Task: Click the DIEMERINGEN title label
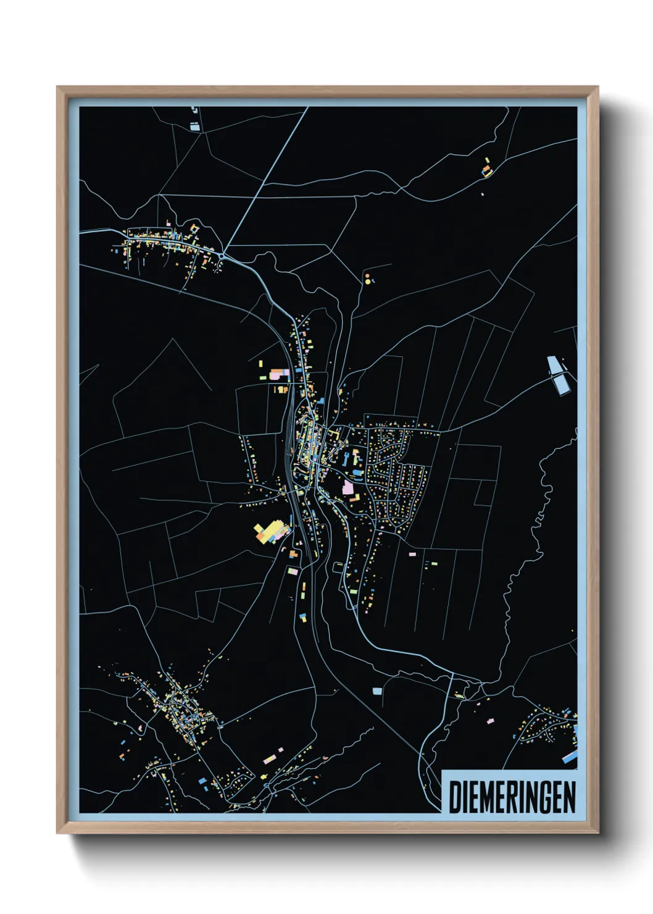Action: click(x=512, y=797)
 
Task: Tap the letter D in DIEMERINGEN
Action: click(x=454, y=797)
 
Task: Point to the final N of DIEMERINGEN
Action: click(x=569, y=797)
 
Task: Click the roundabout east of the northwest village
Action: click(x=222, y=255)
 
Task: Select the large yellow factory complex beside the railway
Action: click(x=270, y=532)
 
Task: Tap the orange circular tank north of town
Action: click(x=367, y=275)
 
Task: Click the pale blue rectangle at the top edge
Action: click(x=195, y=127)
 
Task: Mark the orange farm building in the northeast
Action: click(x=487, y=168)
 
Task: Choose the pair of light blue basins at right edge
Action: click(x=558, y=375)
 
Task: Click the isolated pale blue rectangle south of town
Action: click(x=377, y=690)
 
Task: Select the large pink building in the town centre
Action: click(x=348, y=488)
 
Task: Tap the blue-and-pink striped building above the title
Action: click(x=570, y=757)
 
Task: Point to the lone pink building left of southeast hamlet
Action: click(x=491, y=721)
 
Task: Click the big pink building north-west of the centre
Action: click(x=275, y=374)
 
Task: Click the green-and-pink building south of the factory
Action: click(x=293, y=572)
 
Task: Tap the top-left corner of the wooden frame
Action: click(x=57, y=88)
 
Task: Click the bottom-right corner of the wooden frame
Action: click(x=597, y=832)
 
